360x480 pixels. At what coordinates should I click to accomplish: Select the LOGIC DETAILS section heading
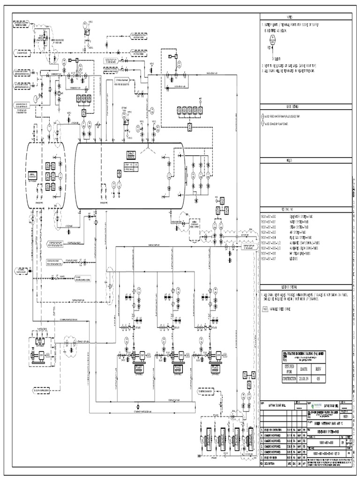coord(305,107)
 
